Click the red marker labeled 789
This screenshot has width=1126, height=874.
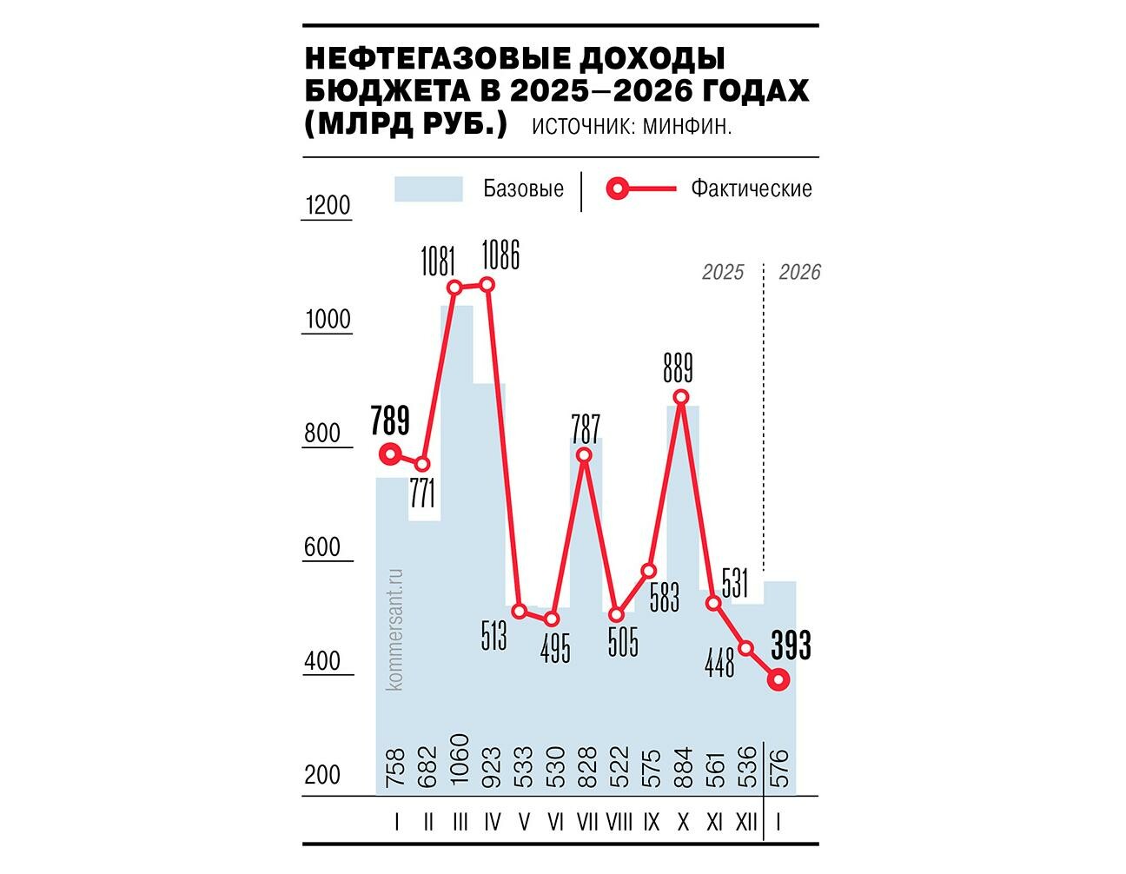(391, 454)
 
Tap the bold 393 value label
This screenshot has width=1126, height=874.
(791, 647)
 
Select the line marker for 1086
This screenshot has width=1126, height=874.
(487, 284)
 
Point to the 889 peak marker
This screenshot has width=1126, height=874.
(681, 397)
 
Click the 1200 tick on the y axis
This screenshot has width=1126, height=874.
(328, 206)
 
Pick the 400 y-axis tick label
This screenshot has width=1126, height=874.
(328, 662)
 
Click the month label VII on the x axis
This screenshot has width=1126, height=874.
(587, 820)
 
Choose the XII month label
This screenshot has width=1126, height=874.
(745, 820)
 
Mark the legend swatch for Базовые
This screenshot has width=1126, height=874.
(428, 189)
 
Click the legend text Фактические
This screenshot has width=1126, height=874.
(752, 189)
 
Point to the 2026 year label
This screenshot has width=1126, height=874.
(799, 273)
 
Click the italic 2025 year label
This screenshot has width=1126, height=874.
(723, 273)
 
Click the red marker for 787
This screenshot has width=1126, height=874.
(584, 455)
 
